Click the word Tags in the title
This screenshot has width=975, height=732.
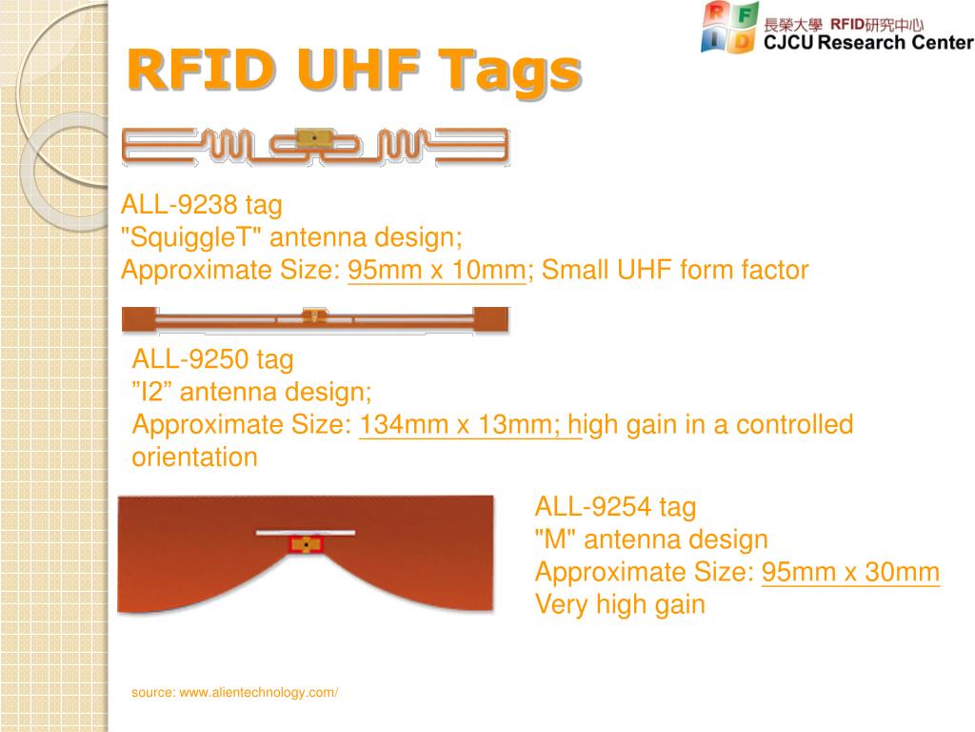click(x=510, y=71)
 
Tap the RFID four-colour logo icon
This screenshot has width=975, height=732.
click(x=729, y=28)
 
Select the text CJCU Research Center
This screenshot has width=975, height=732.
click(x=868, y=42)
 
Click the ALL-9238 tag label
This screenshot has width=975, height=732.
click(x=202, y=205)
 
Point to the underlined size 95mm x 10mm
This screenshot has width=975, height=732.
click(x=436, y=270)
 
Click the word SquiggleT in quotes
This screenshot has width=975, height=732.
click(x=191, y=237)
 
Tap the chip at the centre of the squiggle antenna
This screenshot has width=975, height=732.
click(x=314, y=138)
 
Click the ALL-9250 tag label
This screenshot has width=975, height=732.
click(x=212, y=359)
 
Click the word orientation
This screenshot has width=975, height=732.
click(x=194, y=457)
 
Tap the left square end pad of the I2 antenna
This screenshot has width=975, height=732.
click(x=139, y=318)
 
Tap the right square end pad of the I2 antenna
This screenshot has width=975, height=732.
click(x=490, y=318)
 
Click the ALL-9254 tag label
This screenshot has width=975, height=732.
click(x=616, y=507)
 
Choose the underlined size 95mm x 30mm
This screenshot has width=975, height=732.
click(x=850, y=572)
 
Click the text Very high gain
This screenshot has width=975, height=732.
click(x=620, y=604)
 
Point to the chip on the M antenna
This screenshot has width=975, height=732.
click(x=306, y=544)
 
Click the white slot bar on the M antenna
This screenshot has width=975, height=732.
click(x=306, y=532)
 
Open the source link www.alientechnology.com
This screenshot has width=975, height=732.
click(x=259, y=692)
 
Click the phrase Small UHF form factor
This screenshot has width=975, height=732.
click(x=675, y=270)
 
